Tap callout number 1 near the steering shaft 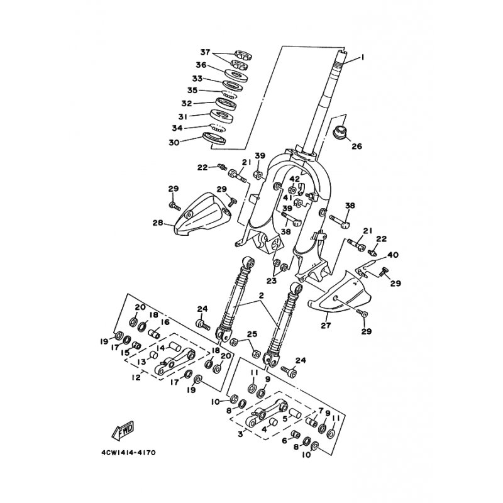(363, 58)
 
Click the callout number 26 (357, 146)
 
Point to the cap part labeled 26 (340, 134)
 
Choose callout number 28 (157, 223)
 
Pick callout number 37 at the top (204, 52)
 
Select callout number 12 (136, 379)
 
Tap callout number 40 (393, 255)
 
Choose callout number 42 (294, 180)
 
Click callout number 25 (251, 334)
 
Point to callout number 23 (271, 281)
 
